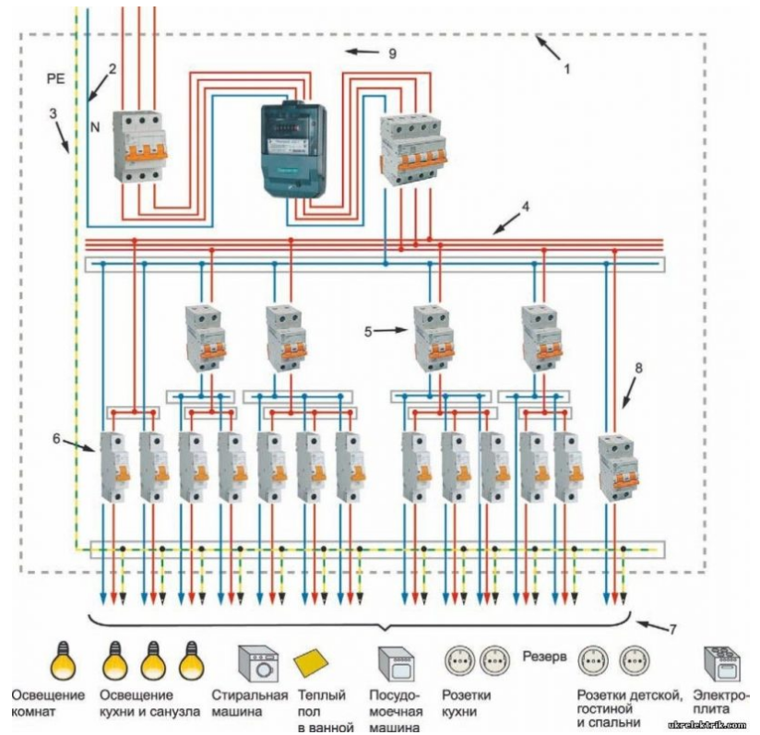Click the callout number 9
click(392, 54)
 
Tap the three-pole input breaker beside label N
click(137, 146)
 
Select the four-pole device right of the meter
click(412, 149)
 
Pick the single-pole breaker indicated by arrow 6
click(113, 468)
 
